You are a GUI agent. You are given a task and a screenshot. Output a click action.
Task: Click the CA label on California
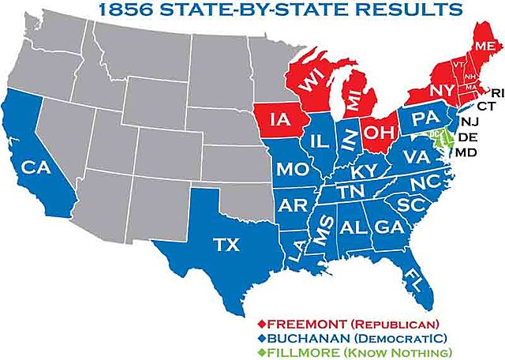pyautogui.click(x=32, y=168)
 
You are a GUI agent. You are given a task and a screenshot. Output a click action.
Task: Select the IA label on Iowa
pyautogui.click(x=277, y=121)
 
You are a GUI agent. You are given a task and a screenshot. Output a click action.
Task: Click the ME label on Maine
pyautogui.click(x=484, y=47)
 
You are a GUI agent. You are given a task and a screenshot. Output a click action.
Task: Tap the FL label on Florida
pyautogui.click(x=413, y=277)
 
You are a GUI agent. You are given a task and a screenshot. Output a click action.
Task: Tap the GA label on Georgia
pyautogui.click(x=387, y=226)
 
